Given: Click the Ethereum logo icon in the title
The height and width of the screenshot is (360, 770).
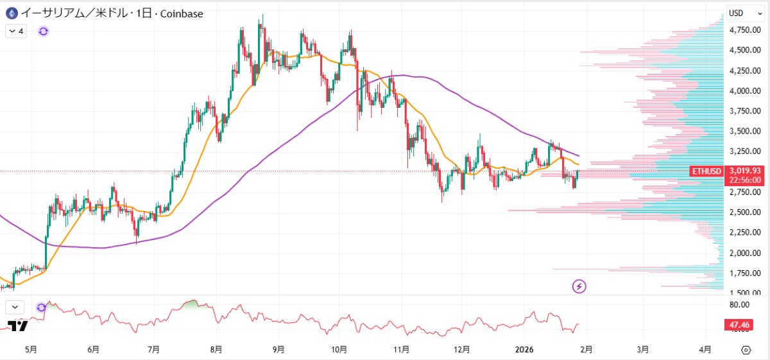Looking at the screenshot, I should [11, 13].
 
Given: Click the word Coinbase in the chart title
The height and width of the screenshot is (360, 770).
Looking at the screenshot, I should [182, 13].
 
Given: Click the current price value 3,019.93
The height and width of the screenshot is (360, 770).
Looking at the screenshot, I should [746, 171].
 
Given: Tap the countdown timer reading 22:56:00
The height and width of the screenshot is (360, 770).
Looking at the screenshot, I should [746, 180].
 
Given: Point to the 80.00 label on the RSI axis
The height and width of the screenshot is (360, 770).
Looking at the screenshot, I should [740, 305].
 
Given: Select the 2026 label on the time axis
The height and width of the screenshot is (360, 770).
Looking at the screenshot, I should [524, 350].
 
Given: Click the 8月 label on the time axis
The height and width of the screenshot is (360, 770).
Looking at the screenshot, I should [216, 350].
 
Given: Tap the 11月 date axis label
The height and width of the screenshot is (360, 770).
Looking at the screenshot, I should [401, 350].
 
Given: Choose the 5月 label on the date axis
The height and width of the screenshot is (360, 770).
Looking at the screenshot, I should [30, 350].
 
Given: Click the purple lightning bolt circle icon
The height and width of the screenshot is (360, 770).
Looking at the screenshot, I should [579, 286].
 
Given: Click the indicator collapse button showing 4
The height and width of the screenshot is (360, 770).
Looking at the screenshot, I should [16, 31].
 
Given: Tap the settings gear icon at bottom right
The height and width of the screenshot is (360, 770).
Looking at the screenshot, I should [746, 350].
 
